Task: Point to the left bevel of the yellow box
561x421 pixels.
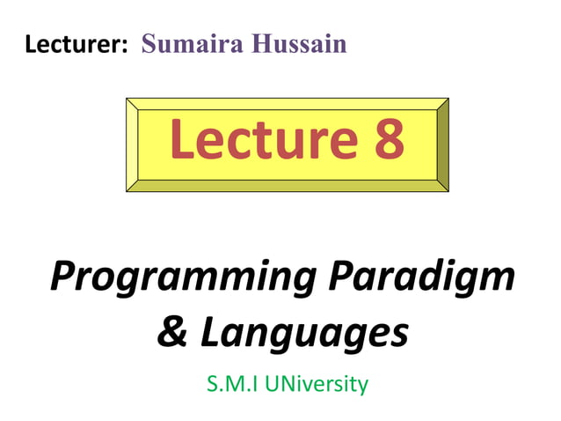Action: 132,144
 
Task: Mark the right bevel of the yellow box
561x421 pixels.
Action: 443,144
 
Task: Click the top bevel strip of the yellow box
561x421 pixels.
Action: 288,103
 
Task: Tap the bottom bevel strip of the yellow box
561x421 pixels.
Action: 288,186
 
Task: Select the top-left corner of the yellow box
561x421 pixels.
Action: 128,100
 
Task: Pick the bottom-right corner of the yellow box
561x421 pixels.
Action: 448,189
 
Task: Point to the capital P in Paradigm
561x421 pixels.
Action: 342,278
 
